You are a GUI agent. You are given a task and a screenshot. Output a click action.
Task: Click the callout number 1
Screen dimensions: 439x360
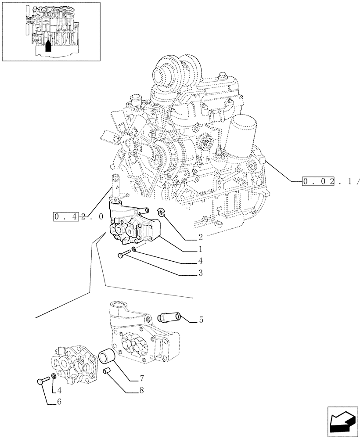click(x=200, y=249)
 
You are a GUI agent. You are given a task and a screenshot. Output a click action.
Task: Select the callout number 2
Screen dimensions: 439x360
click(x=200, y=238)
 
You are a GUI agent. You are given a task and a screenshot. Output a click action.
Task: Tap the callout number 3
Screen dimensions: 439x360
click(x=200, y=273)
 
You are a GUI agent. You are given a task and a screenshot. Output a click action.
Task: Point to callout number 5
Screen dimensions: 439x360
click(x=201, y=320)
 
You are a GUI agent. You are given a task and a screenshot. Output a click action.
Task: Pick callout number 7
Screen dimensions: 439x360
click(x=142, y=378)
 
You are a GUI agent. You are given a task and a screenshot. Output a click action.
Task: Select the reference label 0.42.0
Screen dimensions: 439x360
click(x=79, y=216)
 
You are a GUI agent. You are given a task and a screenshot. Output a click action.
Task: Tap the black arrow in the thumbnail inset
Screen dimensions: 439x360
click(x=48, y=45)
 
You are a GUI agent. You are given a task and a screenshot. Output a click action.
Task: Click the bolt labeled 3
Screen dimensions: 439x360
click(x=124, y=254)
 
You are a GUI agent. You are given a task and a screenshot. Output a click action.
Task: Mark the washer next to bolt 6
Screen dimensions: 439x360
click(x=53, y=376)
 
